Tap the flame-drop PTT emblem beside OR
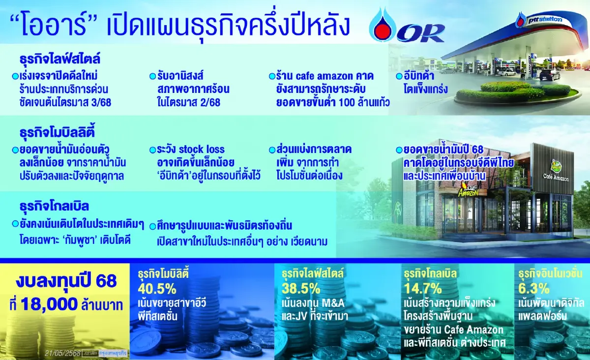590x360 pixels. (x=382, y=25)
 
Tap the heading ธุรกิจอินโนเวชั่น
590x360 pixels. (x=550, y=273)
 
